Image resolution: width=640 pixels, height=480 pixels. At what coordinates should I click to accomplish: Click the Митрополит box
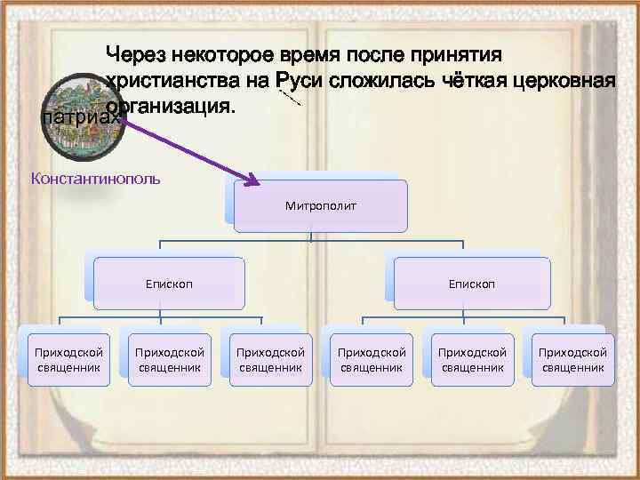click(x=321, y=205)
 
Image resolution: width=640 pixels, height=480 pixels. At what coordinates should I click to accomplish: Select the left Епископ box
click(x=170, y=284)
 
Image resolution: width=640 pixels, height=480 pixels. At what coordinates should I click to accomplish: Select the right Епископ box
click(x=472, y=284)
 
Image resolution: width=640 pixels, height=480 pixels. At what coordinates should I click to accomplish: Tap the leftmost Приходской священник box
click(x=68, y=359)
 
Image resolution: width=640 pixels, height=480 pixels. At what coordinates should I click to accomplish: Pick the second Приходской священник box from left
click(x=170, y=359)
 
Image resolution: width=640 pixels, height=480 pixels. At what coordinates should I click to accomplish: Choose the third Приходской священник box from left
click(x=270, y=359)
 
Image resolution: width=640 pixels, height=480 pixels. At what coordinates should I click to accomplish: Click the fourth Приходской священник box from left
click(x=372, y=359)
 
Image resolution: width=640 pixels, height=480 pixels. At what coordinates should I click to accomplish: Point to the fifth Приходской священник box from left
click(x=473, y=359)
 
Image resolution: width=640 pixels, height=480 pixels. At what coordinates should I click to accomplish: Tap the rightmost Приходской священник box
click(x=573, y=359)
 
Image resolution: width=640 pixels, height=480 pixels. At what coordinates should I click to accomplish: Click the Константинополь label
click(x=95, y=178)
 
